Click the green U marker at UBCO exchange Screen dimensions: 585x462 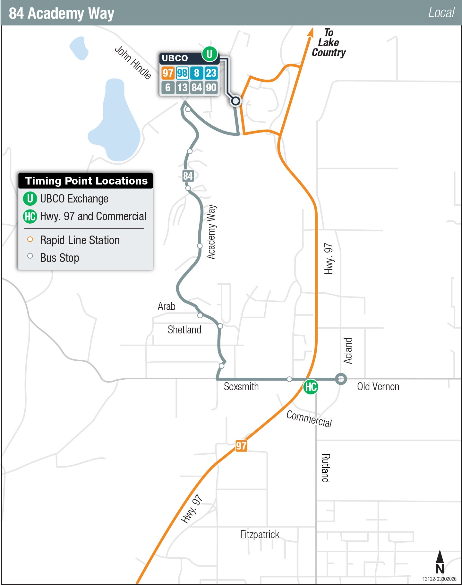pos(210,54)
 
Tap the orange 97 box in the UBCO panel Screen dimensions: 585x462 pos(168,73)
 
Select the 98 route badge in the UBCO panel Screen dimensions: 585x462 pos(182,73)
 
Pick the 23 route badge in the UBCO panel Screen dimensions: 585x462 pos(211,73)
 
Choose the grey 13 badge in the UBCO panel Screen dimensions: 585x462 pos(182,87)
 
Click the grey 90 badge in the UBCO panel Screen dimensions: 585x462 pos(211,87)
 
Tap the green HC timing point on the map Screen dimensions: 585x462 pos(311,387)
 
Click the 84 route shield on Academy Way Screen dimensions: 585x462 pos(188,176)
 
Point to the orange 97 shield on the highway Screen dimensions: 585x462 pos(241,446)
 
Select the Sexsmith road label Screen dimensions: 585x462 pos(241,387)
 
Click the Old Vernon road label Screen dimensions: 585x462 pos(378,387)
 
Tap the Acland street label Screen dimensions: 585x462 pos(348,350)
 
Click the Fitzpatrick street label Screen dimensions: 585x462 pos(260,535)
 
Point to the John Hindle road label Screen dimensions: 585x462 pos(133,62)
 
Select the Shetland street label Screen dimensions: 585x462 pos(184,330)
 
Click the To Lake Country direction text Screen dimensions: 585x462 pos(329,43)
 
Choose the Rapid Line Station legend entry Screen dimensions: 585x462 pos(80,240)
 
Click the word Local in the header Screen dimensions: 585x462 pos(441,13)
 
